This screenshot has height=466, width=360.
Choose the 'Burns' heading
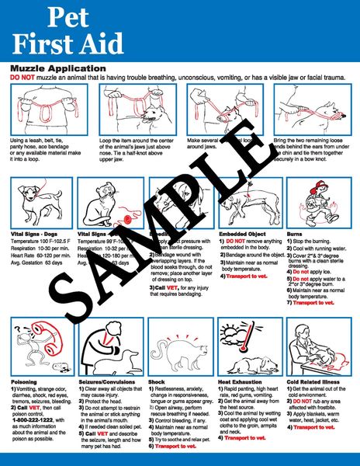pyautogui.click(x=296, y=231)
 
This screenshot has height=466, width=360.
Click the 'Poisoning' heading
pyautogui.click(x=23, y=382)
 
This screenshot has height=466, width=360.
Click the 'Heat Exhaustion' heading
pyautogui.click(x=242, y=382)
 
